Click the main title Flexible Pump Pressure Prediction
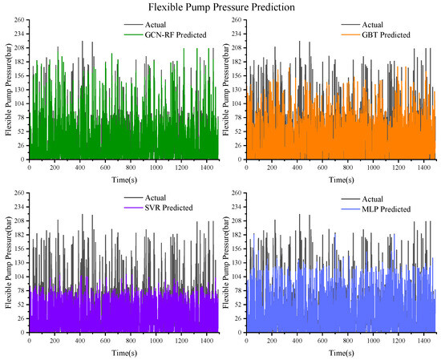[x=220, y=6]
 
